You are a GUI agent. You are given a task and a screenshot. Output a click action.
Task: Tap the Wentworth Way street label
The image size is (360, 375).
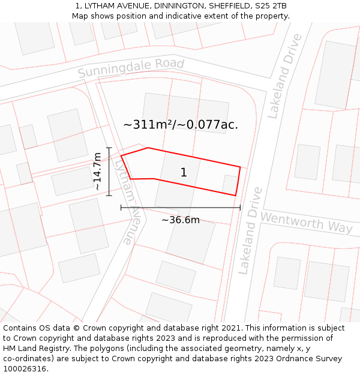[x=306, y=222]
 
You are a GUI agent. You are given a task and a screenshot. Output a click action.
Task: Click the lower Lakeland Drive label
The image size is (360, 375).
[x=251, y=230]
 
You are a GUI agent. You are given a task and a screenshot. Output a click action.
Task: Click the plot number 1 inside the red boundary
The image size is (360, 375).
[x=184, y=173]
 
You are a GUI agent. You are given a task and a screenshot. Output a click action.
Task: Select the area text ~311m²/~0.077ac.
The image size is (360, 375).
[x=181, y=125]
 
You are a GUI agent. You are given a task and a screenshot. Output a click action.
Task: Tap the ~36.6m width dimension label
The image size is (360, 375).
[x=181, y=220]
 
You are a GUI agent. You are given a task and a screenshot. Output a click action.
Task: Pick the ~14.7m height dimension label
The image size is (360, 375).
[x=98, y=172]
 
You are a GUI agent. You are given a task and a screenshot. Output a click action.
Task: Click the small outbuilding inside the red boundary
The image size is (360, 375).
[x=230, y=184]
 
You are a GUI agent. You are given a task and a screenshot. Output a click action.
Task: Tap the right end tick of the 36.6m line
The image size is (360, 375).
[x=240, y=208]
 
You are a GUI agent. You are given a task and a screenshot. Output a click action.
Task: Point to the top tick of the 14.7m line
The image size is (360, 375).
[x=109, y=148]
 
